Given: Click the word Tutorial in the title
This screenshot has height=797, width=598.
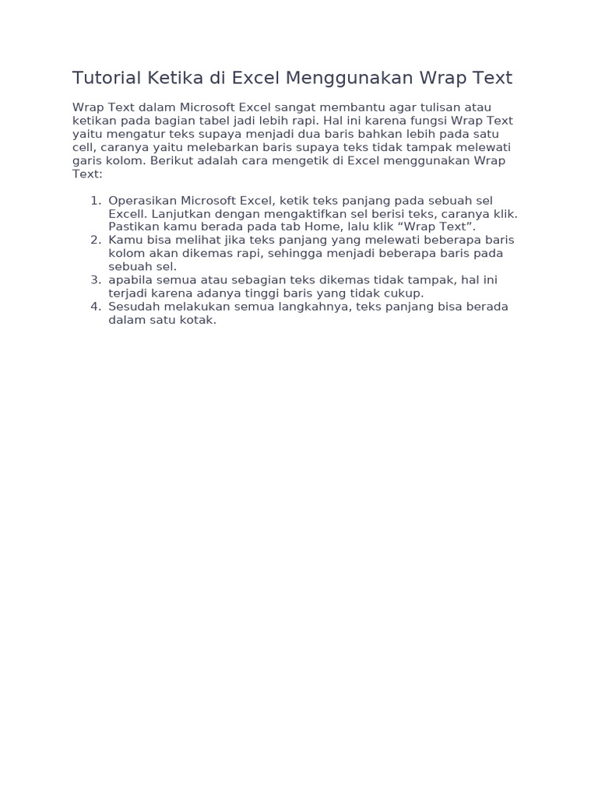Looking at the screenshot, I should pos(105,78).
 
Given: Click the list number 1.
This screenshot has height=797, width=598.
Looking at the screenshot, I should pos(96,201).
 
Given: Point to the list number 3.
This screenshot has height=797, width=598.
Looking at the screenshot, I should pos(96,280).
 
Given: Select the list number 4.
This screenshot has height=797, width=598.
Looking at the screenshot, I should pos(96,307).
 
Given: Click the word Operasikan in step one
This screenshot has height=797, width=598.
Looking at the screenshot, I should pos(142,201).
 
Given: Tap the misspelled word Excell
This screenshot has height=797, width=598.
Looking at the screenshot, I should pos(128,214).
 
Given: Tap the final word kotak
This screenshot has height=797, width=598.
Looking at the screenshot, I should pos(199,320).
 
